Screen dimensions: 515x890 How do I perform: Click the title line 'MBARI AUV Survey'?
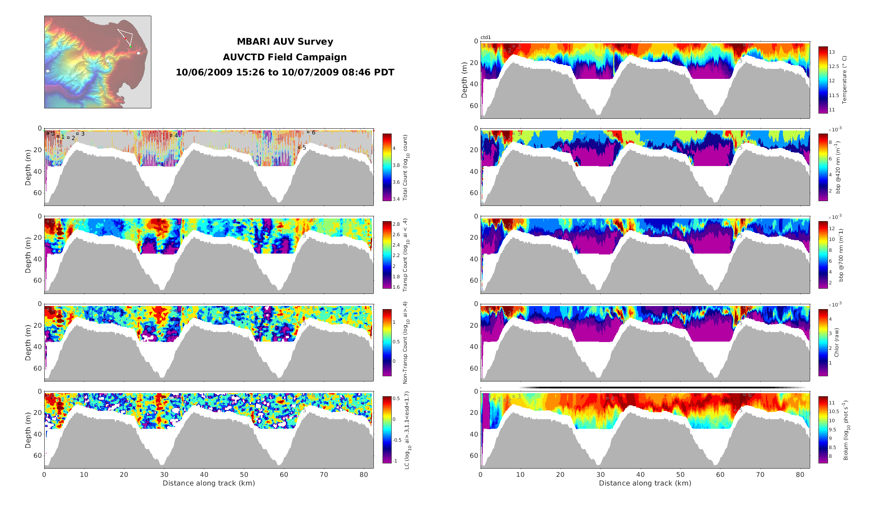point(285,42)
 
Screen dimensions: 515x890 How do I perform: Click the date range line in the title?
point(285,72)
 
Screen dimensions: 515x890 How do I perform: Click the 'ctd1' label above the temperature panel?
point(485,38)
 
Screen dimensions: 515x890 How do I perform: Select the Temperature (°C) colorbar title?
point(844,80)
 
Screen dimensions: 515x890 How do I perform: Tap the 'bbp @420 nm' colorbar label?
point(838,167)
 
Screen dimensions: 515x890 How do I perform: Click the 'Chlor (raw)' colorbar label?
point(837,342)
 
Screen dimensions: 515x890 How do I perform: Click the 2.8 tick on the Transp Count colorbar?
point(396,224)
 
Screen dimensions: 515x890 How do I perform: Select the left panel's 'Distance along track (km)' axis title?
point(209,483)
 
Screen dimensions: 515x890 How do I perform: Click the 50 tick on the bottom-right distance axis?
point(680,475)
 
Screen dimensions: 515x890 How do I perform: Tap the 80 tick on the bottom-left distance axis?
point(363,475)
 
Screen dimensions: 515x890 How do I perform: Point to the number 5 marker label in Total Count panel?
point(304,148)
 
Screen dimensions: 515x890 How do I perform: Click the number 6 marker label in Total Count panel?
point(314,133)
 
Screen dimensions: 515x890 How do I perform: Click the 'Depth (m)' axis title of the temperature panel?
point(465,80)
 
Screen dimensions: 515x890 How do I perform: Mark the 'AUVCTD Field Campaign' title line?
point(285,57)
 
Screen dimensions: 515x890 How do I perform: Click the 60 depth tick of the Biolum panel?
point(474,456)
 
